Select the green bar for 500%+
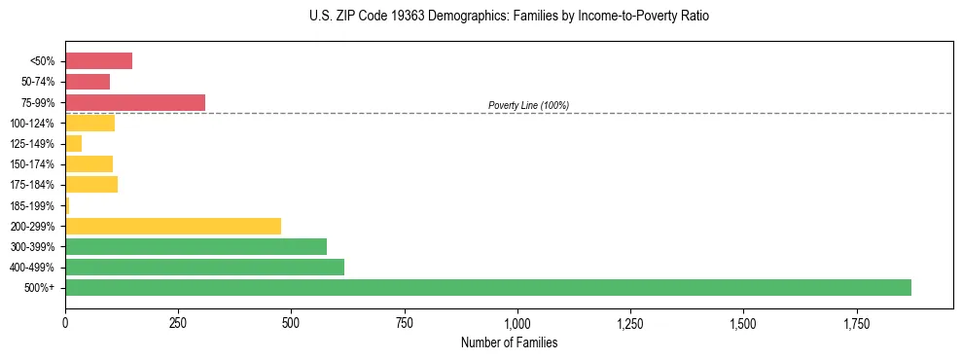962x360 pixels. tap(487, 287)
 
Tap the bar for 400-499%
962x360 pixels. tap(204, 267)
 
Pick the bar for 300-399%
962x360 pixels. tap(196, 246)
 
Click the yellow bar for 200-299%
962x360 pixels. tap(173, 226)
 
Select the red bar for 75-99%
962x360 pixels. tap(135, 102)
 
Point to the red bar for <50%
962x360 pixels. tap(98, 61)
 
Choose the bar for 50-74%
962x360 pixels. tap(88, 82)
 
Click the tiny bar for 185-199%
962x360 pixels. tap(67, 205)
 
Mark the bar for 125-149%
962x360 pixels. tap(74, 143)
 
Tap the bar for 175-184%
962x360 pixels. tap(91, 185)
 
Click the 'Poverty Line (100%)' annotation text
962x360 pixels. tap(528, 105)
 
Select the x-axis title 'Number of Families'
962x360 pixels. tap(510, 342)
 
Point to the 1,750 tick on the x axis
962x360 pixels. tap(857, 323)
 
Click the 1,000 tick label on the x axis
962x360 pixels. tap(517, 323)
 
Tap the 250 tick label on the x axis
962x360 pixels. tap(178, 323)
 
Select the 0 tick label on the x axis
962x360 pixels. tap(65, 323)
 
